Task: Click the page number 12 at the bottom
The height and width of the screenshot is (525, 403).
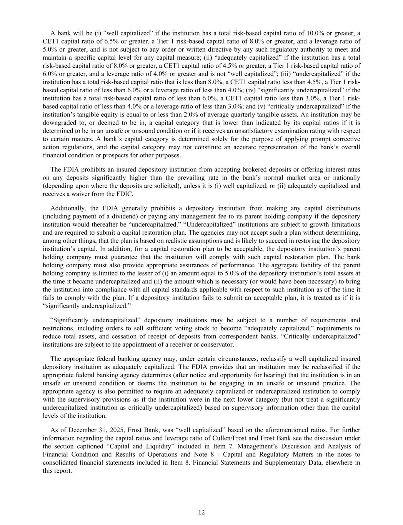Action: pyautogui.click(x=201, y=512)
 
